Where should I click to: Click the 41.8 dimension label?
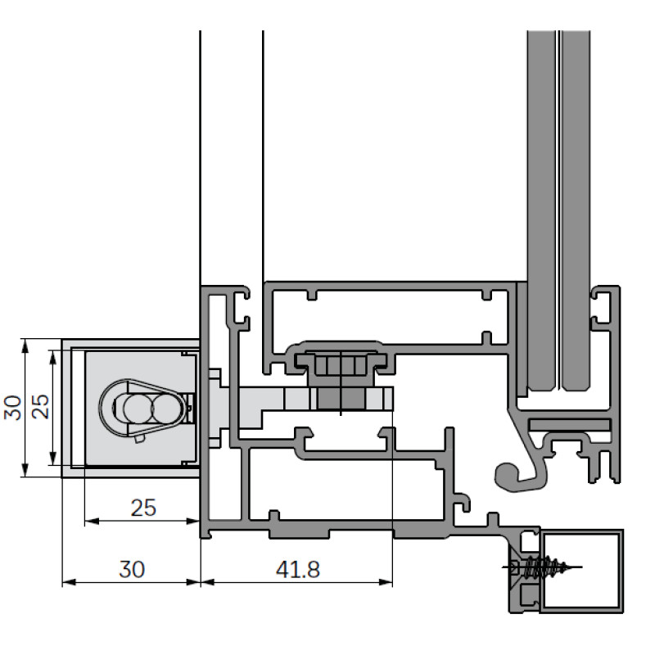(296, 567)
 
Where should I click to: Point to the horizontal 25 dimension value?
(142, 508)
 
